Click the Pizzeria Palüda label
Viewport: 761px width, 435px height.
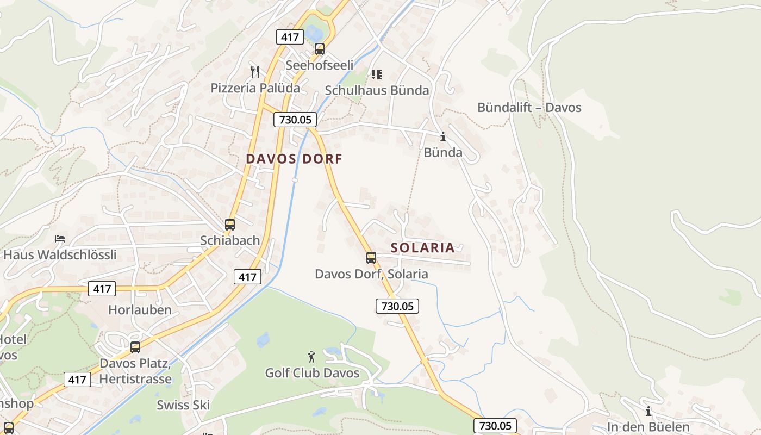point(255,88)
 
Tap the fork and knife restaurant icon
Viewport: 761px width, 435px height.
point(254,71)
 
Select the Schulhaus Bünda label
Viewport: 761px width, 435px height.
point(377,90)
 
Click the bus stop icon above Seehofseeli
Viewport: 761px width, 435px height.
point(320,49)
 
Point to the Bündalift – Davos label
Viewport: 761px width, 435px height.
point(529,107)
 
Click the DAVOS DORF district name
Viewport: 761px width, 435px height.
point(294,159)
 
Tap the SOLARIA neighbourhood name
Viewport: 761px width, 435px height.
point(422,247)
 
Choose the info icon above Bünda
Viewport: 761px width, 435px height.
point(442,136)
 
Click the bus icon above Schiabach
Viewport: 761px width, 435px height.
point(230,224)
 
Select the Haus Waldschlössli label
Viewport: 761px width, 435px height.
point(60,254)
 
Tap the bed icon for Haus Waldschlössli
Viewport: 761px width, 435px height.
point(60,239)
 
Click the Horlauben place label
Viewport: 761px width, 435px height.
point(140,310)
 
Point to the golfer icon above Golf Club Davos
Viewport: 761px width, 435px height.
point(311,357)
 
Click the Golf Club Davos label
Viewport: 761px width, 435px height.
point(312,373)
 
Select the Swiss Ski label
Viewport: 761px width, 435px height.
point(183,405)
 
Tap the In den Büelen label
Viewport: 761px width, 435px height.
point(648,427)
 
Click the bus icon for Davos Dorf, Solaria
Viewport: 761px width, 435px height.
point(371,258)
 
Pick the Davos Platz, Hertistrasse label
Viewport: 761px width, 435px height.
point(135,371)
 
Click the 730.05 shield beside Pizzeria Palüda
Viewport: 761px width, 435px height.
point(295,120)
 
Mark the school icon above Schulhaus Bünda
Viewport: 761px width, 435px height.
point(376,74)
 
